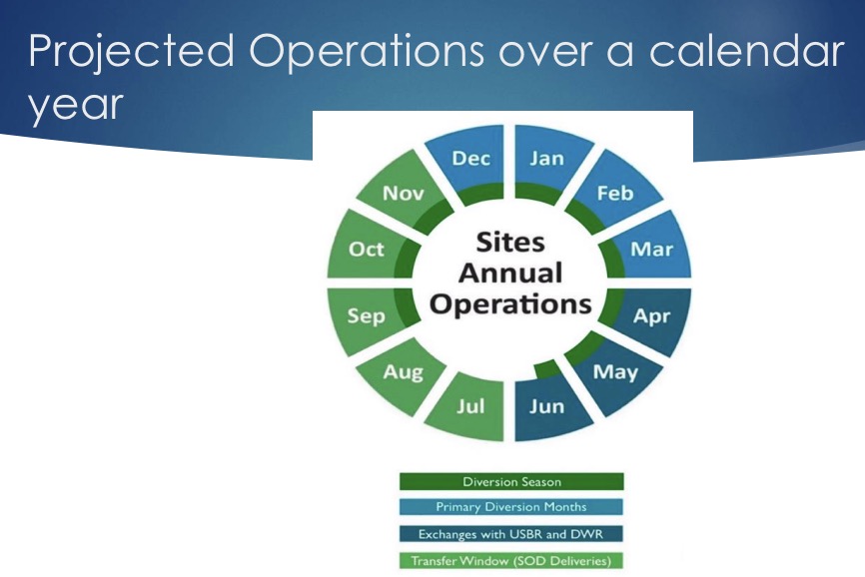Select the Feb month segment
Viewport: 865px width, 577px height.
pyautogui.click(x=613, y=193)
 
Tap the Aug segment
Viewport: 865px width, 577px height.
pyautogui.click(x=404, y=372)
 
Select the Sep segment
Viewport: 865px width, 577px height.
pyautogui.click(x=367, y=315)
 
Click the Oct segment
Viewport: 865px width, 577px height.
pyautogui.click(x=367, y=250)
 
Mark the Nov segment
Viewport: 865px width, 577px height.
pyautogui.click(x=404, y=193)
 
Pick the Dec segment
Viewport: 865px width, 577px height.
pyautogui.click(x=470, y=160)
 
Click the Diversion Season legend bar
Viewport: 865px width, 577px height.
pyautogui.click(x=511, y=481)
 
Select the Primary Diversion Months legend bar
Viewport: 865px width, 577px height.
pyautogui.click(x=511, y=507)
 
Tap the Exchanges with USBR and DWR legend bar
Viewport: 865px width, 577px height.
pyautogui.click(x=511, y=534)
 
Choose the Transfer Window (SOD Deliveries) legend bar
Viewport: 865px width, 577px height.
pyautogui.click(x=511, y=561)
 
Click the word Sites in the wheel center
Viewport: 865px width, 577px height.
pyautogui.click(x=510, y=243)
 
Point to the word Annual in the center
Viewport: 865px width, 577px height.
pyautogui.click(x=510, y=273)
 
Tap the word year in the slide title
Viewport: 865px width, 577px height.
pyautogui.click(x=75, y=106)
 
